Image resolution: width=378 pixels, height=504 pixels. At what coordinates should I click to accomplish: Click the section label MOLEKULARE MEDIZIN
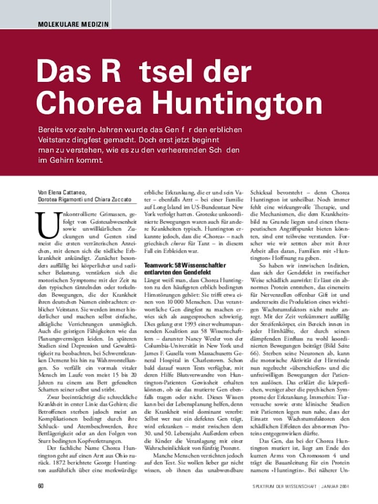pyautogui.click(x=73, y=24)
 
